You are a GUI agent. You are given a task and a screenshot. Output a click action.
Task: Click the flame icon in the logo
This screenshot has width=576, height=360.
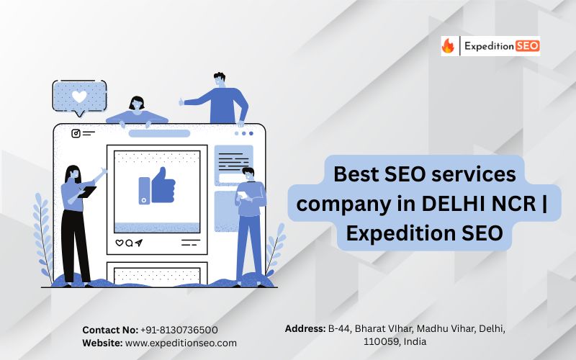[448, 46]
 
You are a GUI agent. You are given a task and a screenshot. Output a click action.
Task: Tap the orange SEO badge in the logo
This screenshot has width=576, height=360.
[528, 46]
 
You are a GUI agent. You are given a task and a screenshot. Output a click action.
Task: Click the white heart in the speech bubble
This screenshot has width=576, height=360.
[79, 96]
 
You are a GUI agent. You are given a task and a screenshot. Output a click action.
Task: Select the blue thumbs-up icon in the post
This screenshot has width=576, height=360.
[157, 186]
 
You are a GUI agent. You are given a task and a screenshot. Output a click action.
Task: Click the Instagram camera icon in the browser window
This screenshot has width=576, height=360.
[76, 133]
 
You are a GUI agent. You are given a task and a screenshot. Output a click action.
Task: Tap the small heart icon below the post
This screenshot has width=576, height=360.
[120, 243]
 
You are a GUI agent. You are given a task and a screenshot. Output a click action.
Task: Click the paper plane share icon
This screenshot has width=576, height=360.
[139, 243]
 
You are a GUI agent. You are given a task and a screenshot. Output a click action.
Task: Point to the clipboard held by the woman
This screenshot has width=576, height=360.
[87, 192]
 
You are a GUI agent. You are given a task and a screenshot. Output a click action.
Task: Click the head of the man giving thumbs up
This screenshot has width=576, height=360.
[220, 80]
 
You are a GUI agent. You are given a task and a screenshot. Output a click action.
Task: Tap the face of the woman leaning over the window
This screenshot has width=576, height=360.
[137, 104]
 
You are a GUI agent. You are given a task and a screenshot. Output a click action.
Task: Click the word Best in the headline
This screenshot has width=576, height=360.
[356, 174]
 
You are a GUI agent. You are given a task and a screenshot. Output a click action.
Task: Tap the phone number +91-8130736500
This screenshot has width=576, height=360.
[179, 330]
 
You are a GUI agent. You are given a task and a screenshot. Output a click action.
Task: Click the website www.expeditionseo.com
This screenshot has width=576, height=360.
[181, 343]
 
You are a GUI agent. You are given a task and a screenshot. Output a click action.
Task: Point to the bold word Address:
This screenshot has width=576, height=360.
[305, 328]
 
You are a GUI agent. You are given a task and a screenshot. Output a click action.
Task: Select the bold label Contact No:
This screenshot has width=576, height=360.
[110, 330]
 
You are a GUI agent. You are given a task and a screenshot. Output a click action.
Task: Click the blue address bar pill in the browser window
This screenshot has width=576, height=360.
[159, 133]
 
